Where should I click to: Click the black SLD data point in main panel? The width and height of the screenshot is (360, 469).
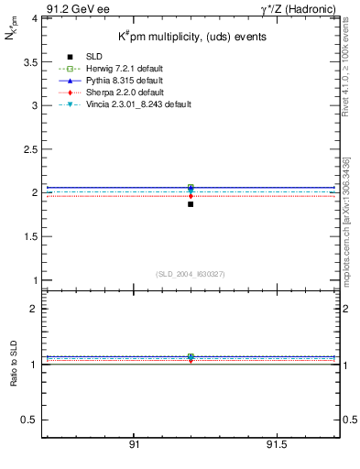[191, 203]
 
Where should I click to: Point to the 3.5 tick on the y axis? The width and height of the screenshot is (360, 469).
[29, 62]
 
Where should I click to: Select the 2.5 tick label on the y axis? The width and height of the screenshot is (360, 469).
[29, 149]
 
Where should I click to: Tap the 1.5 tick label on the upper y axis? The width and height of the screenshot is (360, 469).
[29, 236]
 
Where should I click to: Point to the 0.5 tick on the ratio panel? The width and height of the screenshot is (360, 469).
[29, 420]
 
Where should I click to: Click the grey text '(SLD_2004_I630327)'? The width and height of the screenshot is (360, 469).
[190, 273]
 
